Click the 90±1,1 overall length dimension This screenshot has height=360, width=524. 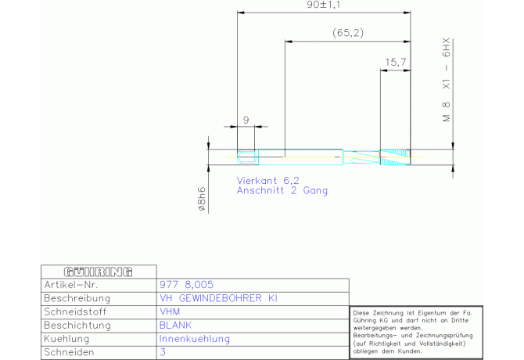(323, 5)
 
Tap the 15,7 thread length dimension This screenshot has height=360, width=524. (396, 62)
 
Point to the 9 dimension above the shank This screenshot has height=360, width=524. (246, 120)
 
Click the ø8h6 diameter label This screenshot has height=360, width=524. (202, 199)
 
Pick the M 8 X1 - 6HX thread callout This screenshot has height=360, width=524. (447, 80)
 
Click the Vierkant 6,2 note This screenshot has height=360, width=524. (268, 181)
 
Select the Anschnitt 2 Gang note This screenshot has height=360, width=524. (282, 190)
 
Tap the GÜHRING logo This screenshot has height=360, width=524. (99, 272)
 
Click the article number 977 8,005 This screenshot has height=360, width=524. (186, 285)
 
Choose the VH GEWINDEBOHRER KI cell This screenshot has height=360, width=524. (218, 298)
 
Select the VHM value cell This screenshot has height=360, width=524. (170, 311)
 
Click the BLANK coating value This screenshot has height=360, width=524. (175, 326)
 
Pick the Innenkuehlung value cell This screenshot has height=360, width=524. (195, 339)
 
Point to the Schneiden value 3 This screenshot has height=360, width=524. (163, 352)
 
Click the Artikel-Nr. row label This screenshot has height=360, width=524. (71, 285)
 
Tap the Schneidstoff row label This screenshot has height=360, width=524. (75, 311)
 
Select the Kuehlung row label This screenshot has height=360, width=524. (66, 339)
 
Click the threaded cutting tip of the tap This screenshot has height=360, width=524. (395, 157)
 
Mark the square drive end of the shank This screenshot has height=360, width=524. (248, 157)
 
